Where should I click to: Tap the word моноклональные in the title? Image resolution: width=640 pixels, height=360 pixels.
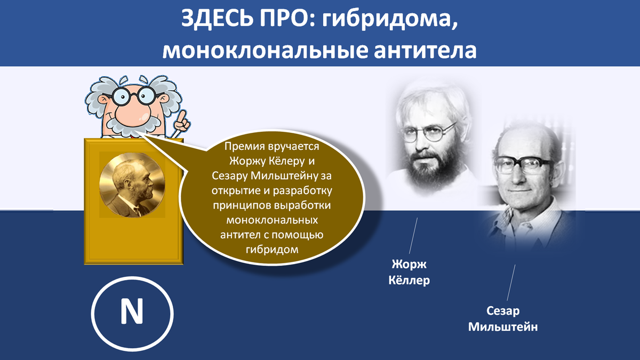click(x=265, y=50)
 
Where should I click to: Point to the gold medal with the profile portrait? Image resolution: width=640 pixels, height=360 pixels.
click(x=132, y=185)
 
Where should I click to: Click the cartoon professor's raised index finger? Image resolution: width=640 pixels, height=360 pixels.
click(x=181, y=117)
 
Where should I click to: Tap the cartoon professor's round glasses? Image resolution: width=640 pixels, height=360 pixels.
click(x=134, y=95)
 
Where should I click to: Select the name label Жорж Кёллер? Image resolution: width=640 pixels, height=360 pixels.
click(x=409, y=272)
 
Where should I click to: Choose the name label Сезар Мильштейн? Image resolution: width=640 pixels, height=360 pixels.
click(x=503, y=318)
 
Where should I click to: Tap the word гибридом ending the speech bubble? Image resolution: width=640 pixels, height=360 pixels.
click(x=271, y=250)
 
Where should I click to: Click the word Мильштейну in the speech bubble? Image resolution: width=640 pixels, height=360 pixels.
click(x=284, y=175)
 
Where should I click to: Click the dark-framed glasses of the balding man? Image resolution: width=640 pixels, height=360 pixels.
click(x=523, y=165)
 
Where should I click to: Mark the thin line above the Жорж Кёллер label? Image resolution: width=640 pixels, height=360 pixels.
click(x=413, y=236)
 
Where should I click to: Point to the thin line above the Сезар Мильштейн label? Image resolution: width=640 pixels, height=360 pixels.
click(x=511, y=283)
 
